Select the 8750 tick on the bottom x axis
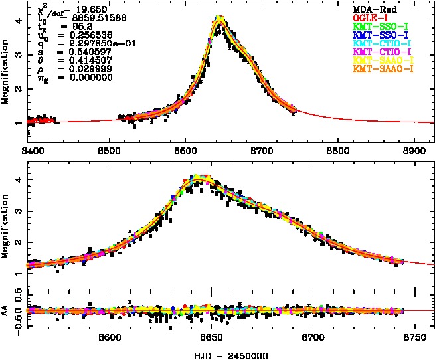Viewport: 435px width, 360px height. (414, 338)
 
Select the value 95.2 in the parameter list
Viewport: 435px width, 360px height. (71, 27)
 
